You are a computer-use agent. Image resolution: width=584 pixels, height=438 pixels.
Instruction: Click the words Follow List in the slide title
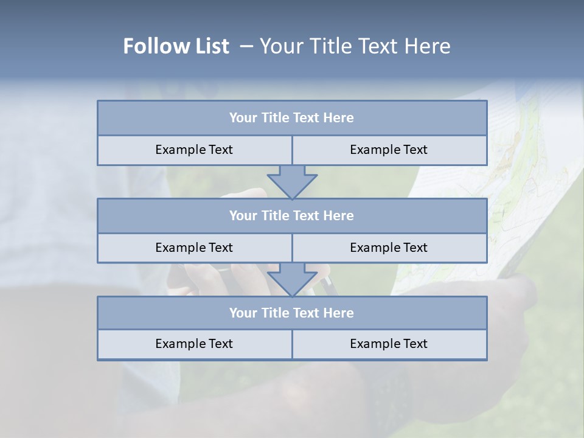pos(176,46)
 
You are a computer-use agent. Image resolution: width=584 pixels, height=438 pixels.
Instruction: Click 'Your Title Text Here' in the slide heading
pos(355,46)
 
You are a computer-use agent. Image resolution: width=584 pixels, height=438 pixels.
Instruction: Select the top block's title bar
pos(292,118)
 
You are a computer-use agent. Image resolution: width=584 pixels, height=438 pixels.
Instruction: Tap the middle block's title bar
pos(292,215)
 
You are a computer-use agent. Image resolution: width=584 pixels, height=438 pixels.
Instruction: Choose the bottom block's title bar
pos(292,313)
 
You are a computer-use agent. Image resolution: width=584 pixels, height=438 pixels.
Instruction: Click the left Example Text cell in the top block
pos(195,150)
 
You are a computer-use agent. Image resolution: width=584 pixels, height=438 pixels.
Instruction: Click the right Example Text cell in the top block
pos(389,150)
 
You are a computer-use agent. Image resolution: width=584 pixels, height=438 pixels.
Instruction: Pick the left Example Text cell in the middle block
pos(195,248)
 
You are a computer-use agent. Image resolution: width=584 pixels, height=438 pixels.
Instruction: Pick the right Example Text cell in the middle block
pos(389,248)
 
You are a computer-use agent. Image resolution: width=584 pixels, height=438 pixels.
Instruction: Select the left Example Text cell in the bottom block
pos(195,344)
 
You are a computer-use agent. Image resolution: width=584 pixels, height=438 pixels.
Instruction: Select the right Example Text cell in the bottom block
pos(389,344)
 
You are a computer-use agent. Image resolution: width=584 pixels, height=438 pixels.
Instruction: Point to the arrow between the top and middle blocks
pos(292,182)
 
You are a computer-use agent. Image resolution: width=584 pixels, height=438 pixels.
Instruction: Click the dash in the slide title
pos(246,46)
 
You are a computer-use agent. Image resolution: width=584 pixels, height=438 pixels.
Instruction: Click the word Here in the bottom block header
pos(339,313)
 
